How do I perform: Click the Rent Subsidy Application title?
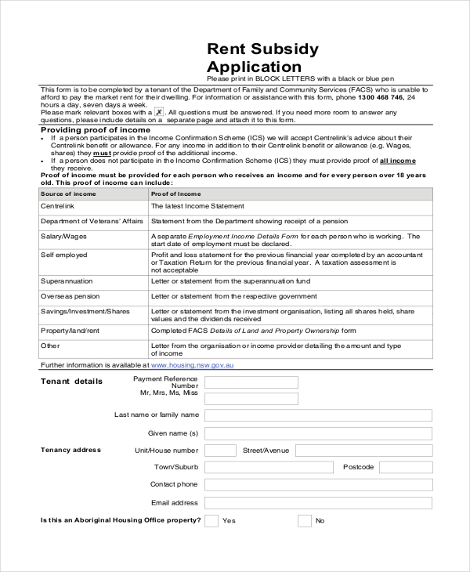click(262, 58)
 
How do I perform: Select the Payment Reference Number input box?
click(251, 382)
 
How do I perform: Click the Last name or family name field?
click(318, 415)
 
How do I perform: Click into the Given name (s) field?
click(318, 433)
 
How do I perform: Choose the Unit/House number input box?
click(220, 451)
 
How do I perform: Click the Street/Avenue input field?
click(364, 451)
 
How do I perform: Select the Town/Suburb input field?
click(268, 468)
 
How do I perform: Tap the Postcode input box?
click(406, 468)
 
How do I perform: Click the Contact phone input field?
click(318, 485)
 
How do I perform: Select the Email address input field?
click(318, 503)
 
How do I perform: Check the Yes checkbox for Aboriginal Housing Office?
click(211, 521)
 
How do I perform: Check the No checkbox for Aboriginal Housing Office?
click(304, 521)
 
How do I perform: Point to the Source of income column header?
click(68, 194)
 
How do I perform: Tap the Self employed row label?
click(63, 255)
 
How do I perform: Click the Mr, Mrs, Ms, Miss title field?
click(251, 398)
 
